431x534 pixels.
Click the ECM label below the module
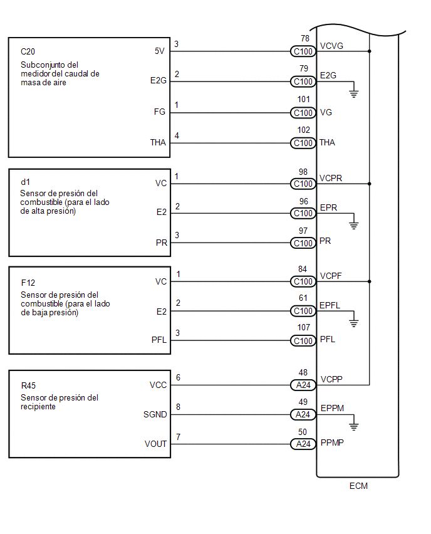(358, 486)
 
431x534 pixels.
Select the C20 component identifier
(28, 51)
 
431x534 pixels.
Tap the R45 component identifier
(28, 385)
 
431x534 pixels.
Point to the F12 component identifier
(28, 283)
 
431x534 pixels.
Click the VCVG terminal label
(331, 46)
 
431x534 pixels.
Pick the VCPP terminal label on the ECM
(331, 379)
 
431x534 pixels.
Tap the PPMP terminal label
(332, 442)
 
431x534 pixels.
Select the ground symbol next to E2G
(354, 93)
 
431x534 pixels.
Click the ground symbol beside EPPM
(354, 426)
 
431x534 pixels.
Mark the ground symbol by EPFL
(354, 323)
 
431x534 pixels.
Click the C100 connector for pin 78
(303, 51)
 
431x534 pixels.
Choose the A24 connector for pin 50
(303, 444)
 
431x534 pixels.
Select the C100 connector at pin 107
(303, 340)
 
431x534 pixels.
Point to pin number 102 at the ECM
(304, 130)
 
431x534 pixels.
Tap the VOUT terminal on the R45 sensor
(155, 444)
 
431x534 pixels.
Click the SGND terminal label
(155, 414)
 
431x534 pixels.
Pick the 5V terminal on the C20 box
(159, 51)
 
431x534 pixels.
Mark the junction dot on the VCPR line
(370, 184)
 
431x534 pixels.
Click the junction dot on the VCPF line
(370, 281)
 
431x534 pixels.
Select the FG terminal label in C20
(159, 112)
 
